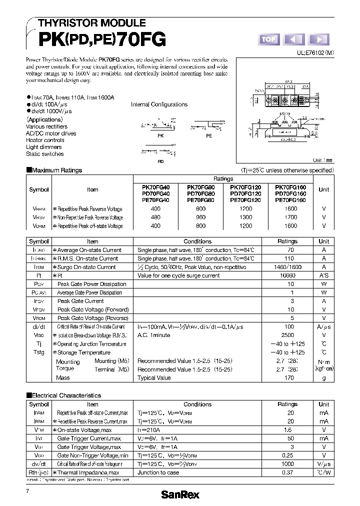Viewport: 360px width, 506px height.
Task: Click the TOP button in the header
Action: [x=268, y=39]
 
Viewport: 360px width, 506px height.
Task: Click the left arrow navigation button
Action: [x=293, y=39]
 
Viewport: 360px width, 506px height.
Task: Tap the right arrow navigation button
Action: [x=319, y=39]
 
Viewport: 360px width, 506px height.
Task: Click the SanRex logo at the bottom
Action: [x=179, y=494]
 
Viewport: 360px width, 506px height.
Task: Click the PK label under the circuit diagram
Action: [x=160, y=135]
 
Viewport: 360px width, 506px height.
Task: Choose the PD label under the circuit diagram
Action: [x=160, y=161]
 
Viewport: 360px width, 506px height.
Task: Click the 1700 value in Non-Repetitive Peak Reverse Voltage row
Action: [x=290, y=217]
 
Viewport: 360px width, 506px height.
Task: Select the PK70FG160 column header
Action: [x=290, y=186]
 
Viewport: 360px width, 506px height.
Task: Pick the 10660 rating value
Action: [x=287, y=275]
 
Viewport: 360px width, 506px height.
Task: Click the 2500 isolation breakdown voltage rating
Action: [x=287, y=335]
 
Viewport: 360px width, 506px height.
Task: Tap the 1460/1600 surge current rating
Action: [x=287, y=267]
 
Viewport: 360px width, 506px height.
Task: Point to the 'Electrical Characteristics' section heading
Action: [x=66, y=395]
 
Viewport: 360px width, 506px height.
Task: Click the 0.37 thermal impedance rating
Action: [x=287, y=472]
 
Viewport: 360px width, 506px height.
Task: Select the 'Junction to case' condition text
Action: [x=158, y=472]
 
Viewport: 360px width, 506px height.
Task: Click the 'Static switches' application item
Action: [x=45, y=154]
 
